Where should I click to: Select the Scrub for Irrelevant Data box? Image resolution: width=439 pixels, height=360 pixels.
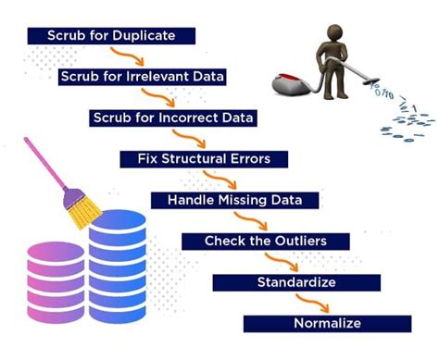pos(143,77)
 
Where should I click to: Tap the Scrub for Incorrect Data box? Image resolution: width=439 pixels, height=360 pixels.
pos(173,118)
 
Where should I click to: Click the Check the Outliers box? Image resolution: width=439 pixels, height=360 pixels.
pos(266,242)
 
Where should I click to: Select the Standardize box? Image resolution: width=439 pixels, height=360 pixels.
pos(295,281)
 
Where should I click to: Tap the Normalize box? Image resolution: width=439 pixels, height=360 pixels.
pos(327,323)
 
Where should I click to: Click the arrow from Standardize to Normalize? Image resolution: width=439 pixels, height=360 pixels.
pos(305,303)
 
